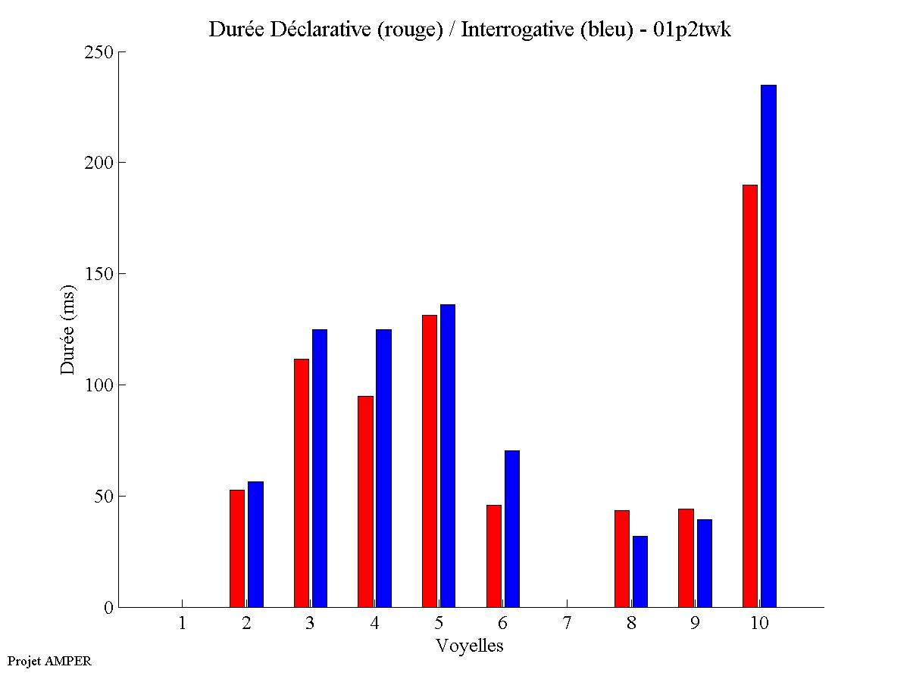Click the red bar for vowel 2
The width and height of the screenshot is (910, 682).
pos(237,548)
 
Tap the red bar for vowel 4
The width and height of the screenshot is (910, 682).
pos(365,501)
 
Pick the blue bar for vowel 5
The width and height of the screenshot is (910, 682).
pos(448,456)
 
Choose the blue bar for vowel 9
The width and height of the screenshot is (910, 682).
pos(705,563)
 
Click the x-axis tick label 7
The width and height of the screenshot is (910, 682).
pos(567,624)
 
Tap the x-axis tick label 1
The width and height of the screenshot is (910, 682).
pos(182,624)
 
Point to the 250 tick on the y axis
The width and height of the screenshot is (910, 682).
pos(99,52)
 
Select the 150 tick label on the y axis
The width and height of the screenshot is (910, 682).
pos(99,274)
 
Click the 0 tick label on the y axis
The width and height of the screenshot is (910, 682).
pos(108,607)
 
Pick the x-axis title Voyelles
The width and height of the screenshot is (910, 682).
pos(470,646)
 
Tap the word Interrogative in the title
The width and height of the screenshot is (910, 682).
pos(511,30)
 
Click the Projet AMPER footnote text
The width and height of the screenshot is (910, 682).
pos(49,661)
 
